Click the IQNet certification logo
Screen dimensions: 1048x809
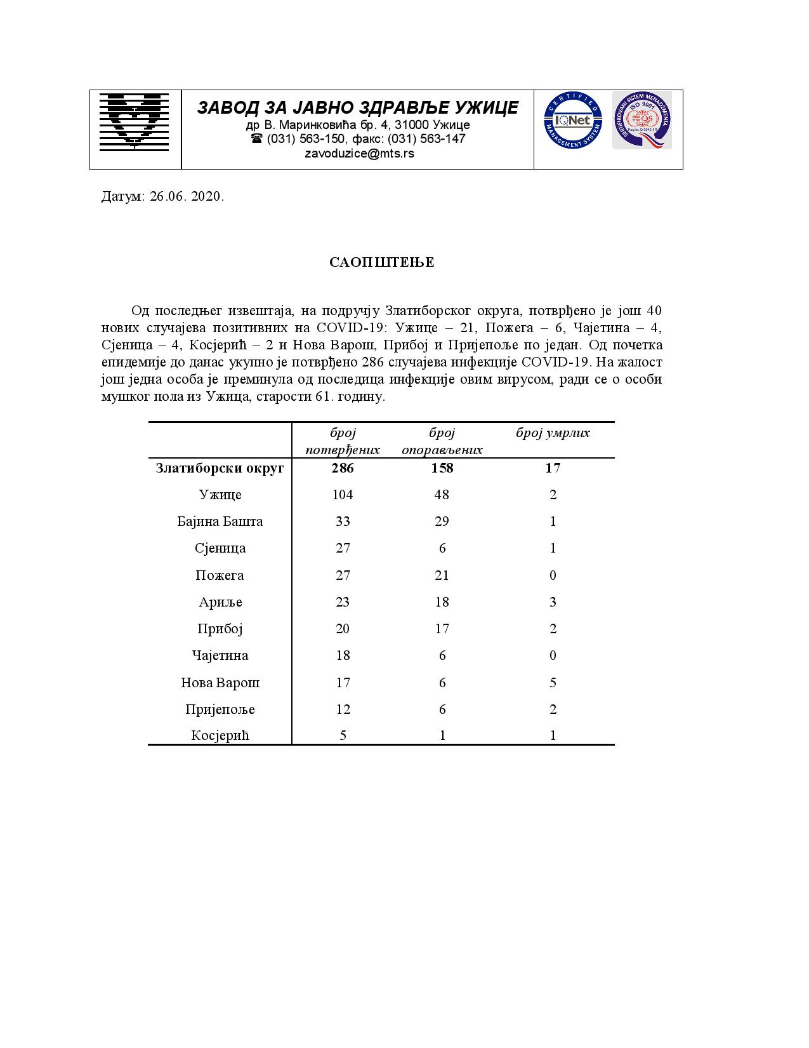(x=572, y=120)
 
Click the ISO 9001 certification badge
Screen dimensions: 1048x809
(x=641, y=120)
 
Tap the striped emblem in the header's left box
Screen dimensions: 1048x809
(x=135, y=121)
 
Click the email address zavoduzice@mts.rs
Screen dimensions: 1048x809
(x=359, y=154)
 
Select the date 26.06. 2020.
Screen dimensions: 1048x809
(x=187, y=196)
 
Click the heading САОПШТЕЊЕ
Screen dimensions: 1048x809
(x=382, y=262)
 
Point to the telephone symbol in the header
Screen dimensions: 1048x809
(x=257, y=138)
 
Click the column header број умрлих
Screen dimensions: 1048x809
(x=553, y=433)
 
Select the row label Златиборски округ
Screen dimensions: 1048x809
(x=220, y=468)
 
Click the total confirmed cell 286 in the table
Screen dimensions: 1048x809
(x=342, y=468)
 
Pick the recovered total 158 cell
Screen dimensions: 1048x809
(x=442, y=468)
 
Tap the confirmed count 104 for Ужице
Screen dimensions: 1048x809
(x=342, y=495)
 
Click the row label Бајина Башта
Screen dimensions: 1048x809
(x=220, y=521)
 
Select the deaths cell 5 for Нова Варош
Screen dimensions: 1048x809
(x=553, y=683)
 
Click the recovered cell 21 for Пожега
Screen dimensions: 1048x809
(x=442, y=575)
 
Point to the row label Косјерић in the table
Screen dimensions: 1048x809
(x=220, y=736)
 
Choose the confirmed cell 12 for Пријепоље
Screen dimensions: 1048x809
(x=342, y=709)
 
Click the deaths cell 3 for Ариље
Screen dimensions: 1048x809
(x=553, y=602)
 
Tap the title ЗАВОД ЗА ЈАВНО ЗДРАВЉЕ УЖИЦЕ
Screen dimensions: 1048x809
(x=358, y=107)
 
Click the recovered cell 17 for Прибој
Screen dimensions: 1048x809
(x=442, y=629)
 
